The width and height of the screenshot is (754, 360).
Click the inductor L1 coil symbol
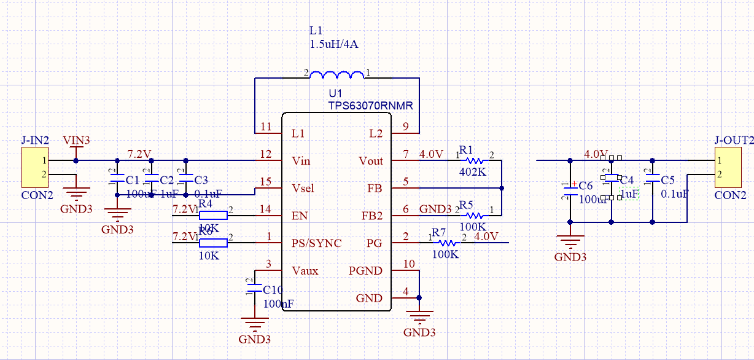[336, 75]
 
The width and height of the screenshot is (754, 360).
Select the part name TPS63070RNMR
[370, 106]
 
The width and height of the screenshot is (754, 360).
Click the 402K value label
[472, 172]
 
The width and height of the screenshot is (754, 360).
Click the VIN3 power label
[76, 141]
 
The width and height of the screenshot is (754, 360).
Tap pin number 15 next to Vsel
[265, 182]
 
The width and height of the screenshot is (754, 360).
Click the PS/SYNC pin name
[316, 243]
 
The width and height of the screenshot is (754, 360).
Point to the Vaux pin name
[305, 271]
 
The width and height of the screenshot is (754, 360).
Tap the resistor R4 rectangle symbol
[212, 215]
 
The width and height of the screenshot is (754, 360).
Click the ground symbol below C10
[254, 324]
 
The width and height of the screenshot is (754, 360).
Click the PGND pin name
[365, 271]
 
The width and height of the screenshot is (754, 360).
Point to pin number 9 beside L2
[405, 127]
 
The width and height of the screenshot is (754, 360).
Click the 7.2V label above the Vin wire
[139, 152]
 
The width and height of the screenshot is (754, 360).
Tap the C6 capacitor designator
[585, 186]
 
